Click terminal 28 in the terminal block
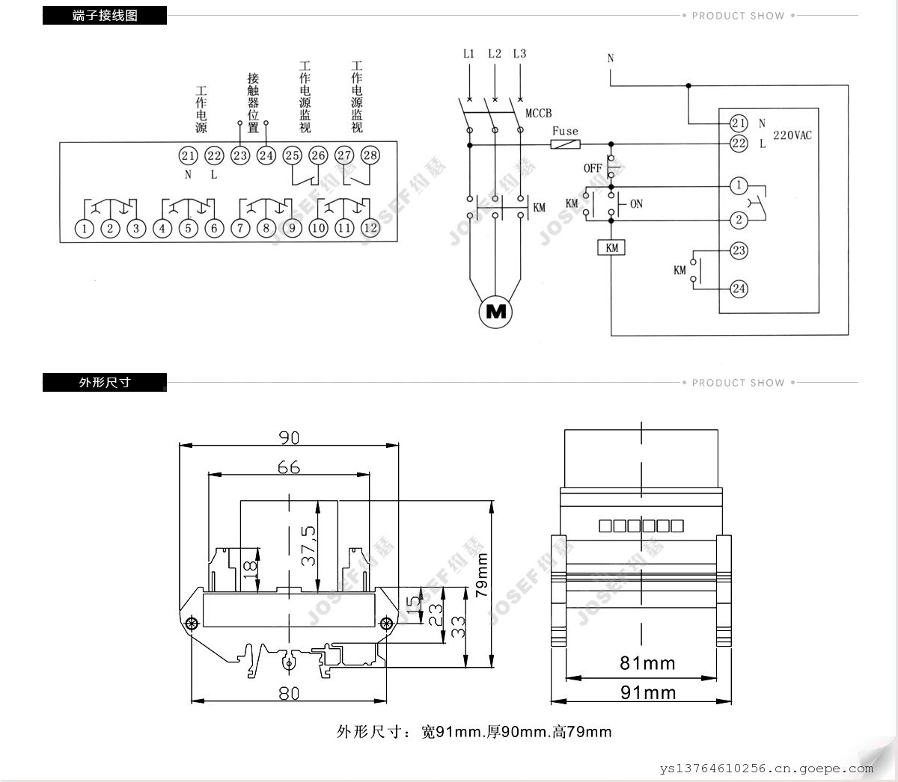(x=370, y=156)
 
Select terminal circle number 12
(x=370, y=228)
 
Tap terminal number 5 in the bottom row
(x=189, y=228)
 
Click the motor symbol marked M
(x=495, y=312)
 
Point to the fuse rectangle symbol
(x=565, y=144)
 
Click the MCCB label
(x=539, y=114)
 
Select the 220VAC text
(x=792, y=135)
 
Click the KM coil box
(x=611, y=247)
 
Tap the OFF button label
(x=593, y=168)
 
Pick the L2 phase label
(x=495, y=54)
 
